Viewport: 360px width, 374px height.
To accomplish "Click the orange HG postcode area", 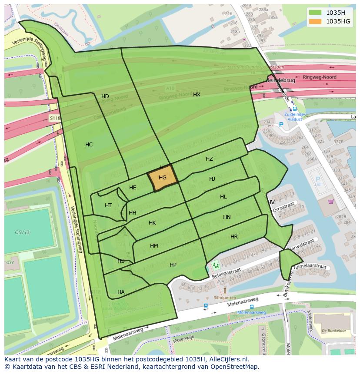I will (163, 178).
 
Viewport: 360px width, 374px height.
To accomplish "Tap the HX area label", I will (197, 94).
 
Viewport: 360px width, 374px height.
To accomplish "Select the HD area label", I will (105, 96).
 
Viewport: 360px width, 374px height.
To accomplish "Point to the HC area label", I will (89, 145).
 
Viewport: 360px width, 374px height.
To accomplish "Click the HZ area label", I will (209, 159).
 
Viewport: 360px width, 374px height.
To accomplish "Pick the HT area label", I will (108, 205).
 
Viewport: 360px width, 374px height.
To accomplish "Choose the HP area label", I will (173, 265).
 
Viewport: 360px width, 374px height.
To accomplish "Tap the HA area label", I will (121, 292).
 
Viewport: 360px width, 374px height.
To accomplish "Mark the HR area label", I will (234, 237).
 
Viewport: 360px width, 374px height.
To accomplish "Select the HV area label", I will (271, 202).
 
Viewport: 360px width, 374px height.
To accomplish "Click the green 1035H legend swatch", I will (315, 13).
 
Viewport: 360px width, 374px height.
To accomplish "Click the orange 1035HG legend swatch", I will (315, 21).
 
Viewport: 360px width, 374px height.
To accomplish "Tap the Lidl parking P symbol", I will (317, 179).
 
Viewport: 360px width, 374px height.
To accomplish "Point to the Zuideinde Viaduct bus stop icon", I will (295, 109).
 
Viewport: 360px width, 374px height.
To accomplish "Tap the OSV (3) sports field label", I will (23, 232).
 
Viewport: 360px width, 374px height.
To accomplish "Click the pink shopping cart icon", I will (331, 201).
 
